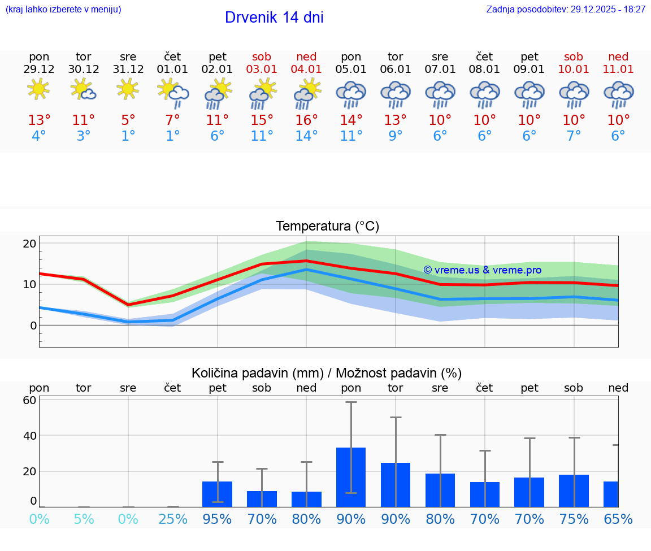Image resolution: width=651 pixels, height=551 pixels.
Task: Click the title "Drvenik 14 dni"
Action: [x=274, y=18]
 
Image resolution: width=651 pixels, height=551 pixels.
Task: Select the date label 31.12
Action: [x=128, y=69]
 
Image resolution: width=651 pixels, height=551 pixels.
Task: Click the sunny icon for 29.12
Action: [x=38, y=89]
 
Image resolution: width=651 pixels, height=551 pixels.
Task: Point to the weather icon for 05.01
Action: [x=351, y=94]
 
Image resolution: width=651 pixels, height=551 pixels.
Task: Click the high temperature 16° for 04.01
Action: [x=306, y=120]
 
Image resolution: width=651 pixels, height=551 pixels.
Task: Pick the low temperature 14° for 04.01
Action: [x=306, y=136]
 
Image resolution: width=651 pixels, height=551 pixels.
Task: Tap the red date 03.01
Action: [x=262, y=69]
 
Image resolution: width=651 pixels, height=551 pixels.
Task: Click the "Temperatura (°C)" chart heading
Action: [x=327, y=227]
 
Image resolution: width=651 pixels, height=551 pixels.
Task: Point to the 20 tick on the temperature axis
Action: [x=29, y=244]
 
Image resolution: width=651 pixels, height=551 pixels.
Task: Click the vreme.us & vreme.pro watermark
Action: [x=482, y=270]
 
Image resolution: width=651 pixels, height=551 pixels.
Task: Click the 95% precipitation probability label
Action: [x=217, y=519]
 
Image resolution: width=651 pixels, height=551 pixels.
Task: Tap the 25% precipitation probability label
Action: [x=173, y=519]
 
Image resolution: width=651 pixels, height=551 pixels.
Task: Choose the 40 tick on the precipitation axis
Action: [x=29, y=436]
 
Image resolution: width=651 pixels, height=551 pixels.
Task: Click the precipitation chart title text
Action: [x=327, y=373]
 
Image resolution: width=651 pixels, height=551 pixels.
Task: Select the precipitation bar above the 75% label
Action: [x=574, y=491]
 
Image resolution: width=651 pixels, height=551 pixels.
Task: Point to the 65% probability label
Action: [x=618, y=519]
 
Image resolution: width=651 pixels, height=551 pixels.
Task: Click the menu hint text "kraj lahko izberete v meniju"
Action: [x=63, y=10]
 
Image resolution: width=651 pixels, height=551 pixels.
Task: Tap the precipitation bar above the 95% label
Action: [x=217, y=494]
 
